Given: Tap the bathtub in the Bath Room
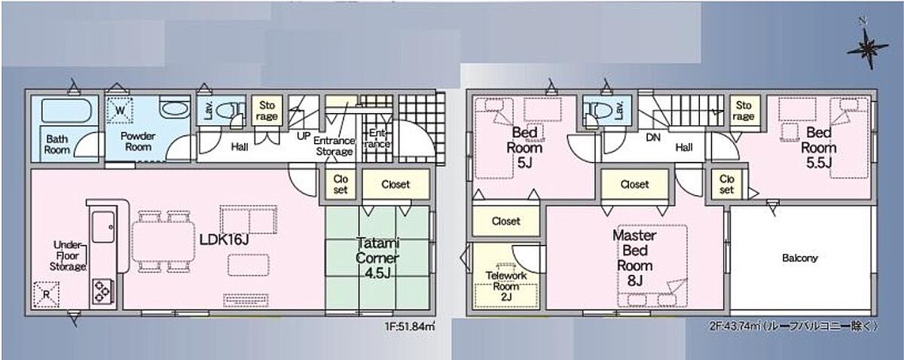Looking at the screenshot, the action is pyautogui.click(x=66, y=110).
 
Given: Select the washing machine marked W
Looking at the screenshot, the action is pyautogui.click(x=120, y=110).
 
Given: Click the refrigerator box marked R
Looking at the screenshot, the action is pyautogui.click(x=46, y=294).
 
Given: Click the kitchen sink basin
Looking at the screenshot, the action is pyautogui.click(x=103, y=227).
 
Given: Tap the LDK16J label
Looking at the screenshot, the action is pyautogui.click(x=224, y=239).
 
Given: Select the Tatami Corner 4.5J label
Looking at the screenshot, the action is pyautogui.click(x=377, y=258).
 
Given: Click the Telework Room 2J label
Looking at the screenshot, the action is pyautogui.click(x=506, y=286).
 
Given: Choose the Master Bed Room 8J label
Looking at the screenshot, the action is pyautogui.click(x=634, y=258).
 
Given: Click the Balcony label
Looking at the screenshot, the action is pyautogui.click(x=799, y=258).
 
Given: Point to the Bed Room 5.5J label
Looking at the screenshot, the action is pyautogui.click(x=818, y=148).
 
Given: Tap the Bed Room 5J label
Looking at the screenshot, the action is pyautogui.click(x=524, y=148).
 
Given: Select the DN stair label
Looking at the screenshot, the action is pyautogui.click(x=653, y=138).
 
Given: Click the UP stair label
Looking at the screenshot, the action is pyautogui.click(x=304, y=136).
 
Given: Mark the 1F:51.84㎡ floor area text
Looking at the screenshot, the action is pyautogui.click(x=410, y=326).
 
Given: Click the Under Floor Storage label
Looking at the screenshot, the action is pyautogui.click(x=68, y=256).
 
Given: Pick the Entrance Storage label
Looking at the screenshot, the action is pyautogui.click(x=334, y=146).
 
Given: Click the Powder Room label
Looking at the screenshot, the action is pyautogui.click(x=138, y=142).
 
